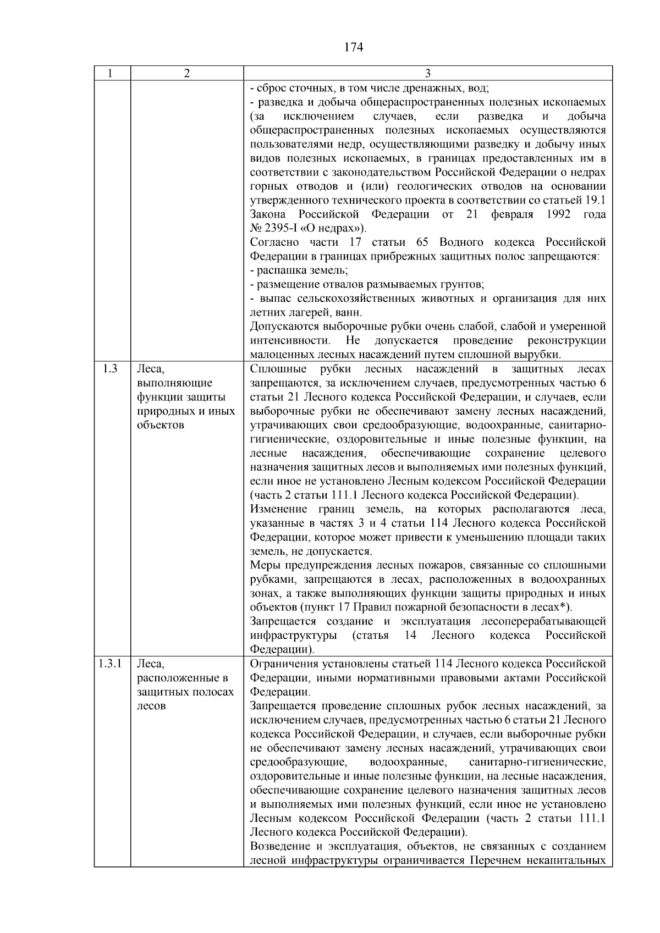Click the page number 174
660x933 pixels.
(354, 47)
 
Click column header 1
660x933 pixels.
(112, 74)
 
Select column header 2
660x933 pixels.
(187, 74)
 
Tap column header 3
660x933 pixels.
(428, 74)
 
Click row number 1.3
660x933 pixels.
(110, 369)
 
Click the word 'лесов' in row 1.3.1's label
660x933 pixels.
(151, 706)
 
